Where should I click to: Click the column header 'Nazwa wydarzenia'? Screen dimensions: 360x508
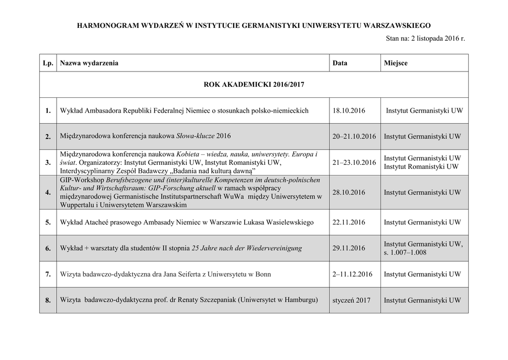[x=89, y=63]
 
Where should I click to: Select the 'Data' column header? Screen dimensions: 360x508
[x=340, y=63]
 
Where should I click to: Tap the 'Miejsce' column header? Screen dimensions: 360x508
[x=395, y=63]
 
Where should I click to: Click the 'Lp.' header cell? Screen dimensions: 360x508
[x=48, y=63]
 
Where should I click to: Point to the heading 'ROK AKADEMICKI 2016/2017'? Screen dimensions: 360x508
[x=254, y=85]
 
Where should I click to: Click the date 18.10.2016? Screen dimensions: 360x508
[x=349, y=111]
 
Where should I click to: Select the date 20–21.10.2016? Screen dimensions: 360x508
[x=354, y=136]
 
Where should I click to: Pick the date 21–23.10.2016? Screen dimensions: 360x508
[x=354, y=162]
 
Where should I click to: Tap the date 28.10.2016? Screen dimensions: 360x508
[x=349, y=192]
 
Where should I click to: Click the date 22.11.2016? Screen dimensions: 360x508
[x=349, y=222]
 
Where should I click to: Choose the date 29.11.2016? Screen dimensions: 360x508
[x=349, y=248]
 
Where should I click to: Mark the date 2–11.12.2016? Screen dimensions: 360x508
[x=352, y=274]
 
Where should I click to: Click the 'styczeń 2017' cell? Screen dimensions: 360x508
[x=351, y=300]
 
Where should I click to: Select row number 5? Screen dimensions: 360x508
[x=48, y=222]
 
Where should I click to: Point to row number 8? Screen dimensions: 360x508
[x=48, y=300]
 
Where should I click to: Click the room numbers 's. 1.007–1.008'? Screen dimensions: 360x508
[x=405, y=253]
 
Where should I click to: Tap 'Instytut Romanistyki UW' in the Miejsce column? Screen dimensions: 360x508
[x=421, y=167]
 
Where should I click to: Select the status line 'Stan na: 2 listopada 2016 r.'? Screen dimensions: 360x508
[x=425, y=38]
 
